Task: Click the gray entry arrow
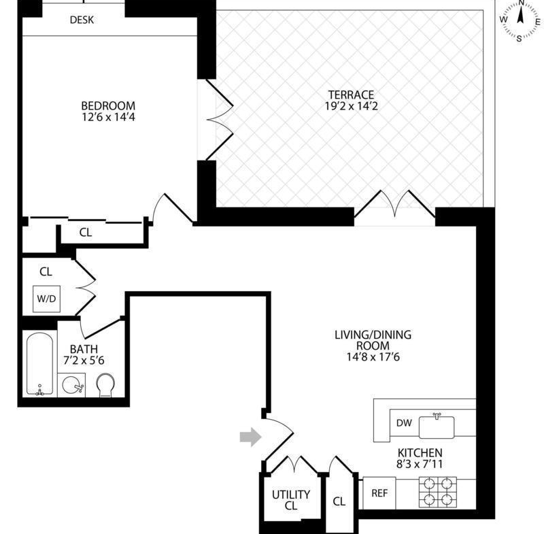(x=250, y=437)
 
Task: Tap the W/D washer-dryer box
(x=46, y=299)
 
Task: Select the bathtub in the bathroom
(x=40, y=364)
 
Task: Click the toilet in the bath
(x=106, y=385)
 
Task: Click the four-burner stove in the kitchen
(x=438, y=492)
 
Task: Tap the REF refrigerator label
(x=379, y=493)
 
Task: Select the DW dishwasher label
(x=404, y=422)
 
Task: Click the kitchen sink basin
(x=437, y=427)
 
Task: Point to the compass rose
(x=520, y=20)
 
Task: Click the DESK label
(x=82, y=20)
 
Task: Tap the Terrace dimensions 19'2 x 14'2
(x=351, y=106)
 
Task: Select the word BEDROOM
(x=108, y=105)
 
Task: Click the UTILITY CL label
(x=291, y=500)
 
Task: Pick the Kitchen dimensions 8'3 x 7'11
(x=420, y=464)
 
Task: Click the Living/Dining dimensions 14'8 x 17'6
(x=373, y=356)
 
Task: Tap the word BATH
(x=84, y=349)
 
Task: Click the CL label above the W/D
(x=46, y=271)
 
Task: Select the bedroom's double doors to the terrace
(x=220, y=120)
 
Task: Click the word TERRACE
(x=351, y=95)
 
